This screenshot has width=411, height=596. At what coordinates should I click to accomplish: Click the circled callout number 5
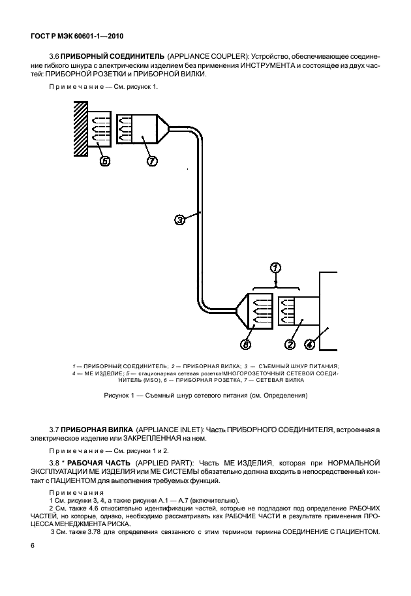pos(105,162)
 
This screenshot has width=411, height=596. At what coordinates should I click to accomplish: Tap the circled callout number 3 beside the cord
pos(180,220)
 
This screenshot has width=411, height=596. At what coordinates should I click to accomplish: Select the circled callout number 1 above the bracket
pos(275,268)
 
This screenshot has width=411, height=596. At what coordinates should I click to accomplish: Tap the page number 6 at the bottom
pos(32,546)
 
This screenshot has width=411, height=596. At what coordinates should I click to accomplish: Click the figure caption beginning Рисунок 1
pos(205,396)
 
